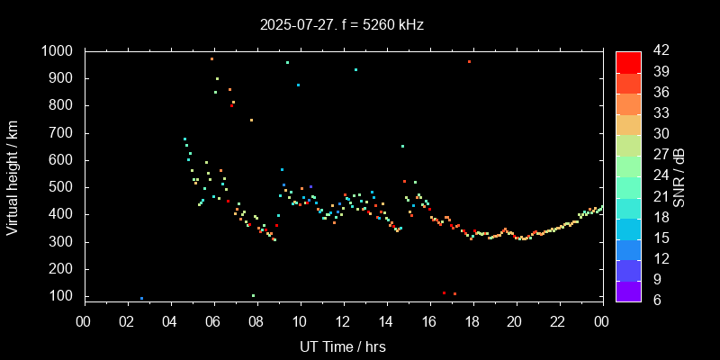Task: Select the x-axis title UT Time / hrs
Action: click(344, 346)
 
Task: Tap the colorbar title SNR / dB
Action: click(679, 175)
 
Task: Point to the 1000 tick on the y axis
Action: click(60, 51)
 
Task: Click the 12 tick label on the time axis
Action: click(343, 321)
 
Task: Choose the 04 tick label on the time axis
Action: click(170, 321)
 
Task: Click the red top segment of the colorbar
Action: click(628, 61)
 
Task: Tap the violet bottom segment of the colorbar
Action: click(628, 290)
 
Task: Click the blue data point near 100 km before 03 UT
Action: click(141, 298)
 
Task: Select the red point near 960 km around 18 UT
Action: click(469, 62)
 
